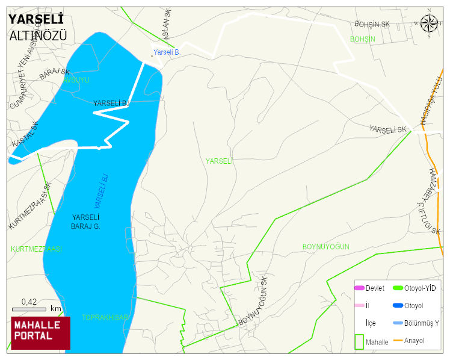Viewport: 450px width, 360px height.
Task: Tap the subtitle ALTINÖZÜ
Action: pos(38,36)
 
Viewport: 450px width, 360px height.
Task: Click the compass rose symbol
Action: pos(429,23)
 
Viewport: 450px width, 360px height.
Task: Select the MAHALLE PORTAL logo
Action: pos(41,333)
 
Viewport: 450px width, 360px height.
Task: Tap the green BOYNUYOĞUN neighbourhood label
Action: pos(325,247)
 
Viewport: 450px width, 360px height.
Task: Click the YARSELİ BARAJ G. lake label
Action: pos(85,222)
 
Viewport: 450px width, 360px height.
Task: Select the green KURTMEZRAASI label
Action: pos(36,249)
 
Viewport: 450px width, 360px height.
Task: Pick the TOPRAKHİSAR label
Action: pos(105,317)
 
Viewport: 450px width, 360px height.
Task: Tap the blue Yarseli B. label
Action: pos(167,52)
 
